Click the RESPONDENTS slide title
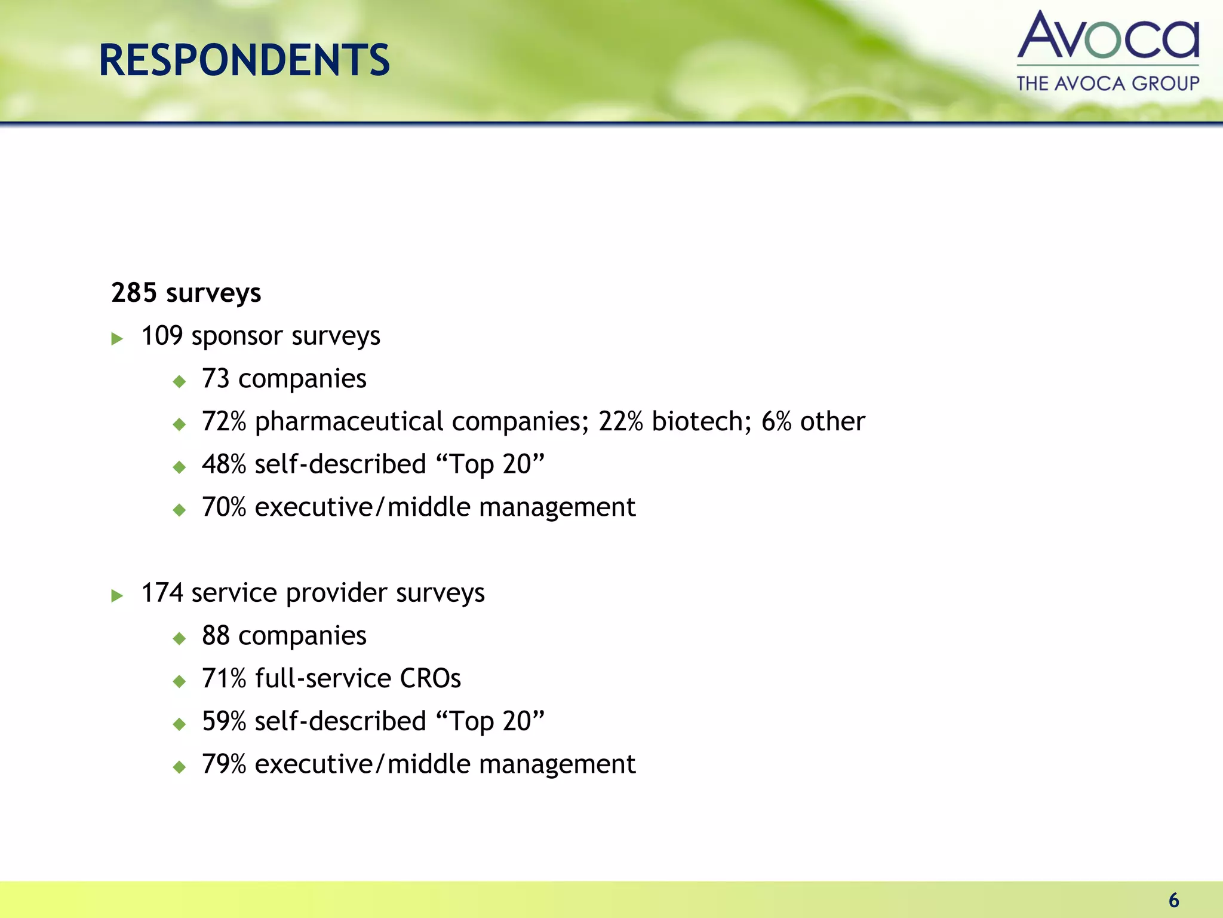(244, 60)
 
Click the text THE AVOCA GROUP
(1108, 83)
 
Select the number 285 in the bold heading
(134, 293)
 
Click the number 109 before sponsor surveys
(162, 336)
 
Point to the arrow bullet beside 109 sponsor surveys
(117, 339)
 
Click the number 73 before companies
(216, 379)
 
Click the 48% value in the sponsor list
(224, 464)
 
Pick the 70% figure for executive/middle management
(224, 507)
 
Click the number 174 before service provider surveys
(162, 593)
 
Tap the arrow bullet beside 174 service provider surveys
(117, 596)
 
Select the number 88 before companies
(216, 636)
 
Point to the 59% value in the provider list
(224, 721)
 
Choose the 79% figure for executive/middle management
(224, 764)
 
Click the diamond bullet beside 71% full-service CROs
(179, 681)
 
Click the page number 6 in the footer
(1173, 900)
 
